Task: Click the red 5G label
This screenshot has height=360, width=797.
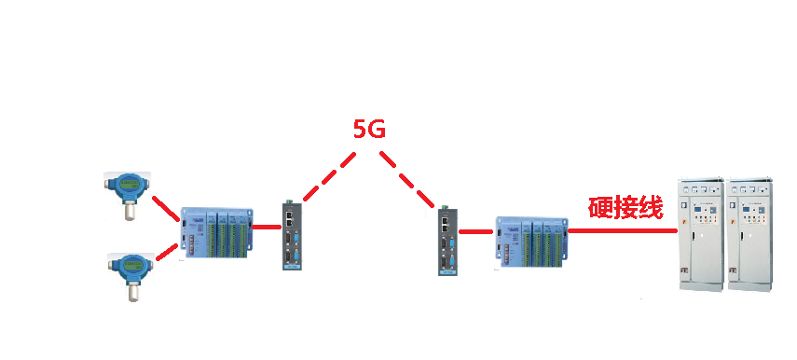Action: click(369, 130)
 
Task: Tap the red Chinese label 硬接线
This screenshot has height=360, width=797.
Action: click(625, 208)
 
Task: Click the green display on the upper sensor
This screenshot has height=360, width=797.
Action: click(130, 182)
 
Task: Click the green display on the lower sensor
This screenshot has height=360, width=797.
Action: click(131, 265)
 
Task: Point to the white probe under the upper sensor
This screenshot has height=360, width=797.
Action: click(131, 210)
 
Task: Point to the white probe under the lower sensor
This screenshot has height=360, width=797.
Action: click(132, 292)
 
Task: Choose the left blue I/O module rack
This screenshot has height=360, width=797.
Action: click(216, 232)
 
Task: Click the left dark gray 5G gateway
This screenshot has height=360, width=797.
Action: click(293, 235)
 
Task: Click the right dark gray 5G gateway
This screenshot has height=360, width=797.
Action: click(448, 241)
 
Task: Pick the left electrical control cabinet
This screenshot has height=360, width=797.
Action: click(703, 234)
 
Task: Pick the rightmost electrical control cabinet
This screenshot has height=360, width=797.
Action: click(750, 234)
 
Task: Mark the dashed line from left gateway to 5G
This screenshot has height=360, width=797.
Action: click(329, 176)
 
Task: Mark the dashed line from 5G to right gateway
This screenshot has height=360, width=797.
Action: click(407, 179)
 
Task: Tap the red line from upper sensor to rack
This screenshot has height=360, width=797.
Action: click(166, 209)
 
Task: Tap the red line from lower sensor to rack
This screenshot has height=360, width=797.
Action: click(167, 252)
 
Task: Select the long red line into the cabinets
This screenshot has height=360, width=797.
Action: click(623, 231)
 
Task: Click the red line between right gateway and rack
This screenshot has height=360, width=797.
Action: click(475, 232)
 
